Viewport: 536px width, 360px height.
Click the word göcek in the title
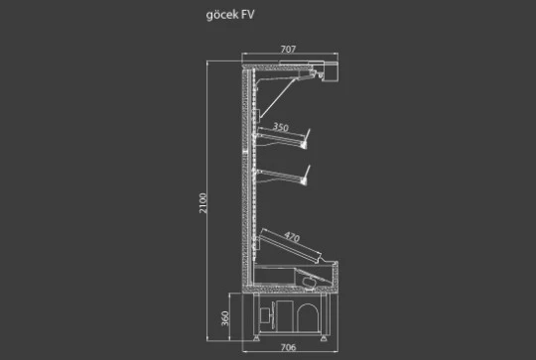click(x=222, y=15)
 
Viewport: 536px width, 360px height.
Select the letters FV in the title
click(x=247, y=15)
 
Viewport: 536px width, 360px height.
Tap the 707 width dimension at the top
click(x=288, y=50)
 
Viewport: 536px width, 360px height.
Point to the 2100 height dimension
click(x=203, y=203)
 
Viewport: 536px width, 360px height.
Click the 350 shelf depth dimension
click(x=281, y=127)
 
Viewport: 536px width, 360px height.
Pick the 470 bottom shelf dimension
click(x=292, y=237)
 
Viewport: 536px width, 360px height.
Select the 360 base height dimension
click(x=225, y=318)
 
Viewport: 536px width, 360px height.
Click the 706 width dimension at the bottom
click(x=288, y=347)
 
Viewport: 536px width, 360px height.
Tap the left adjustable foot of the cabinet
click(x=256, y=338)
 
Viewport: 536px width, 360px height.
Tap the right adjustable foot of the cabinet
click(x=324, y=338)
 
